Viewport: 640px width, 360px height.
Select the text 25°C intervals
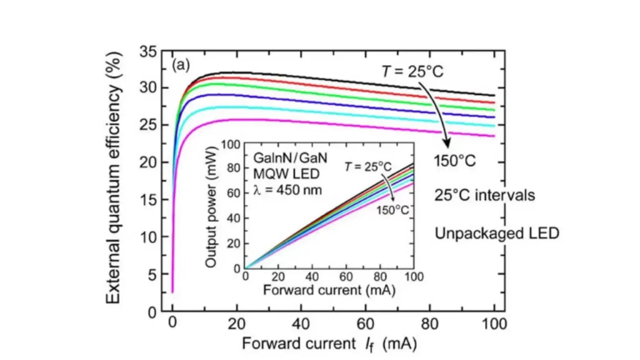click(485, 195)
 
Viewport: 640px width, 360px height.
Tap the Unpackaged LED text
click(497, 234)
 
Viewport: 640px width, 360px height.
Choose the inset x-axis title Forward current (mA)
click(327, 291)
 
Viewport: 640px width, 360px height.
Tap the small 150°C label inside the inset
click(392, 210)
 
